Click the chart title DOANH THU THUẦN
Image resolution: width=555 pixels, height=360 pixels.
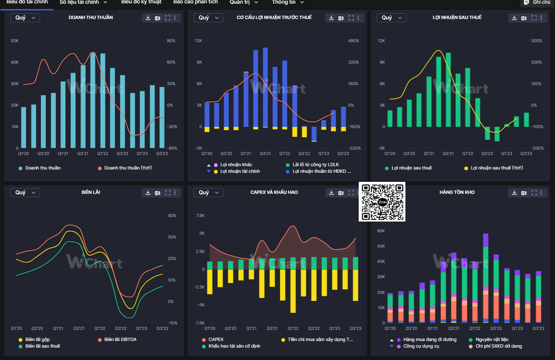(91, 17)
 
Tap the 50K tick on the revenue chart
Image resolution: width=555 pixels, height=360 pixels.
(14, 41)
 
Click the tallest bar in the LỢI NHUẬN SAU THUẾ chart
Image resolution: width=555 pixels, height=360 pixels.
(448, 89)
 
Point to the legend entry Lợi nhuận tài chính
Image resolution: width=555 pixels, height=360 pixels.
(240, 171)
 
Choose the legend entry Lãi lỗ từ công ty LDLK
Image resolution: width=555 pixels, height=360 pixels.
(315, 165)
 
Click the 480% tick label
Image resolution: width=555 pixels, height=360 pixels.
(353, 41)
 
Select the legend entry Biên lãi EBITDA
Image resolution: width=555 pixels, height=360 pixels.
(120, 339)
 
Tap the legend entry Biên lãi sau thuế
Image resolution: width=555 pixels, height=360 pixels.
(42, 346)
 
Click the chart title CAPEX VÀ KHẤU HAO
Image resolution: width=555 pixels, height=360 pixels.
(274, 192)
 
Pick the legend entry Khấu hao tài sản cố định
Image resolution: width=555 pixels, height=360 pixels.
(234, 346)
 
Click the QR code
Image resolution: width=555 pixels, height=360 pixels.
(382, 202)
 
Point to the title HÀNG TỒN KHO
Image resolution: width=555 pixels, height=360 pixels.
(457, 192)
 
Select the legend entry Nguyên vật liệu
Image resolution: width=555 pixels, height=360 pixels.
(492, 339)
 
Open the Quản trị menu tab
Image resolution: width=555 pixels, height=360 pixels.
(244, 2)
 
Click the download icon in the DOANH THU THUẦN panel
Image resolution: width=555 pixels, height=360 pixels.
(148, 18)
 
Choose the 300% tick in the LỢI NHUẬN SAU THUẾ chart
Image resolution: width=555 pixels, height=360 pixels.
(536, 41)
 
